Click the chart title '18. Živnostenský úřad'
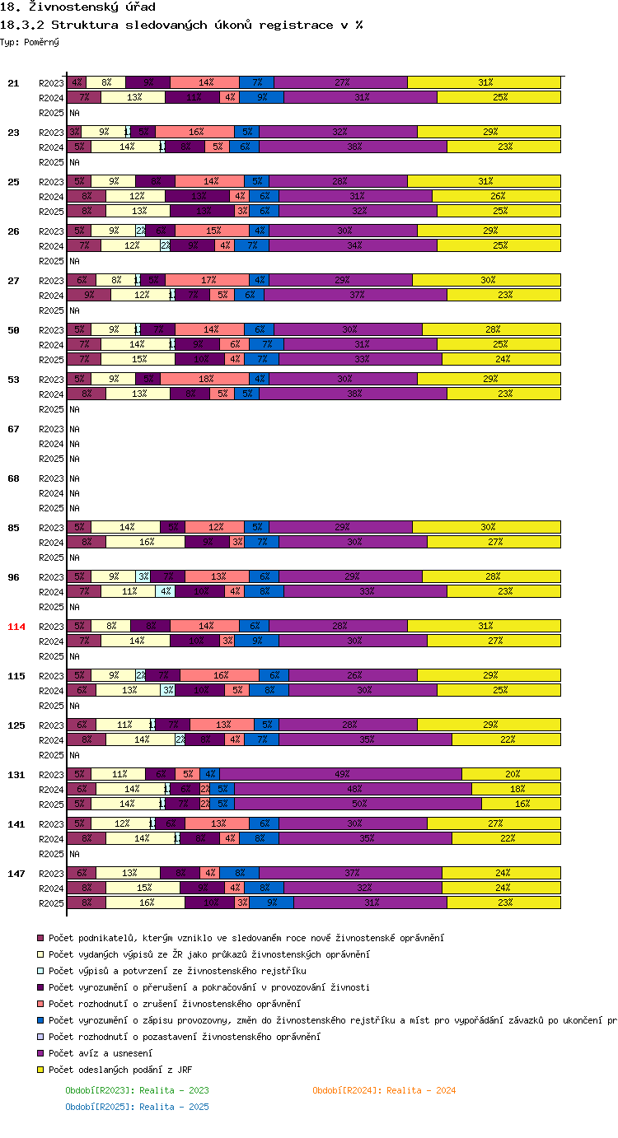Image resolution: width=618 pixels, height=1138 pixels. [67, 7]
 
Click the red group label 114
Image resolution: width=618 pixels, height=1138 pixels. [16, 627]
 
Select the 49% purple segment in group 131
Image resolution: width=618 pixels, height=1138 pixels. [340, 774]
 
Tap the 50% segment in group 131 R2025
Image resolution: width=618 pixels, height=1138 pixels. [358, 804]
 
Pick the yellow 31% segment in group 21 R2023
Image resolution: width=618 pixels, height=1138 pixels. [485, 82]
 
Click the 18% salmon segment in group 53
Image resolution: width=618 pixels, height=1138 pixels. [204, 379]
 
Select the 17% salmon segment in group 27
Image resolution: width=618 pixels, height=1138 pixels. [207, 280]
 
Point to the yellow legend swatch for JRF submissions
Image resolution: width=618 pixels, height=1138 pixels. [40, 1070]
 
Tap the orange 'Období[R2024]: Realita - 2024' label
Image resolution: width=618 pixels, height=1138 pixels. [384, 1090]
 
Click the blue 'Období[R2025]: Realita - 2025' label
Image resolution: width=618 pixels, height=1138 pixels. [137, 1107]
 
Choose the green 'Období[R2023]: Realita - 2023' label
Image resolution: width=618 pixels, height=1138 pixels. [137, 1090]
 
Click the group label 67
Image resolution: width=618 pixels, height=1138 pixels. [14, 429]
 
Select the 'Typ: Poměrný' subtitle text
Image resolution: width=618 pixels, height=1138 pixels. [30, 41]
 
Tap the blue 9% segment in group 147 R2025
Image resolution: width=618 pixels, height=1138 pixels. [271, 902]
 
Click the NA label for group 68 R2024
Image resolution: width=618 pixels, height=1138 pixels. [74, 493]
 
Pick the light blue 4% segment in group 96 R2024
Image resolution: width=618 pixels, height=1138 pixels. [166, 591]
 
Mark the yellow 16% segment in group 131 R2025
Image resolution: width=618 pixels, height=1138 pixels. [521, 804]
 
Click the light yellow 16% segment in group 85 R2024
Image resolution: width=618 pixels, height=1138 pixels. [145, 542]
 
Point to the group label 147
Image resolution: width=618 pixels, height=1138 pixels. [16, 874]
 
